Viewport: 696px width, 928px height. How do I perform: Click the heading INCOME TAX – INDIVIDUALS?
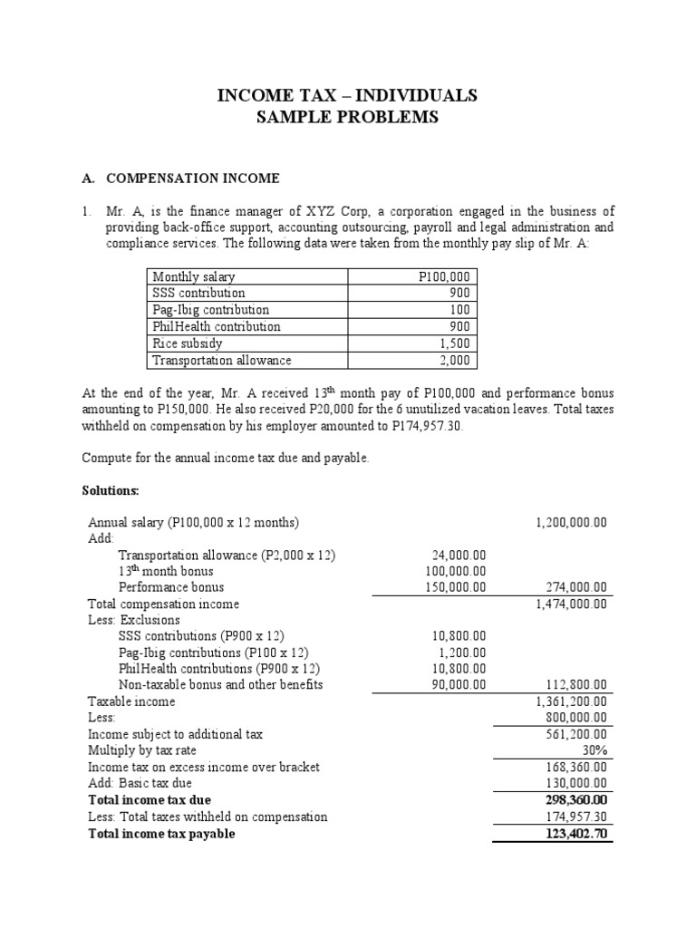[347, 96]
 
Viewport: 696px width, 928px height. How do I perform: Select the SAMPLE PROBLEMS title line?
[347, 118]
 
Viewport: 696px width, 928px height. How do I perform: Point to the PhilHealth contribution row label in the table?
[217, 326]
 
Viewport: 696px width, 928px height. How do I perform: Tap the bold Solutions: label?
[111, 490]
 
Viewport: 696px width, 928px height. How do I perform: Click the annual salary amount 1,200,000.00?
[571, 523]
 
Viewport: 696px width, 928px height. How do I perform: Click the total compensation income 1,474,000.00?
[571, 604]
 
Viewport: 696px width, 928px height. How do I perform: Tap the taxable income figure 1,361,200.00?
[571, 701]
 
